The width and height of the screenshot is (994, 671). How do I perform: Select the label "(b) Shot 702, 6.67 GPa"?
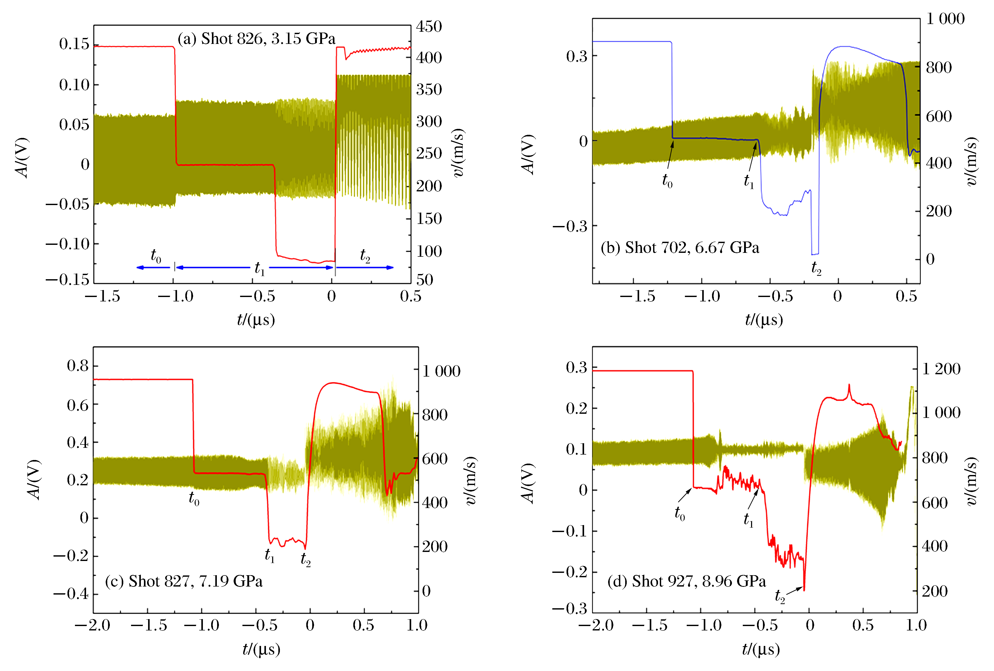680,248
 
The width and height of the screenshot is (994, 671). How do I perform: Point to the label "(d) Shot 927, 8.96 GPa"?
686,581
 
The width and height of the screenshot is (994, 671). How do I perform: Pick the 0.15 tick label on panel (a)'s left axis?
74,44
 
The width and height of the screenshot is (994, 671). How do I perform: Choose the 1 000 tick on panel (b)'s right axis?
945,19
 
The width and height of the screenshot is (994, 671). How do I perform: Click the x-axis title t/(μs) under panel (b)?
764,320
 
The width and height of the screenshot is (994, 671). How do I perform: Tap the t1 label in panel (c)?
270,556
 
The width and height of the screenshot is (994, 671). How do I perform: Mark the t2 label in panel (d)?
780,596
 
